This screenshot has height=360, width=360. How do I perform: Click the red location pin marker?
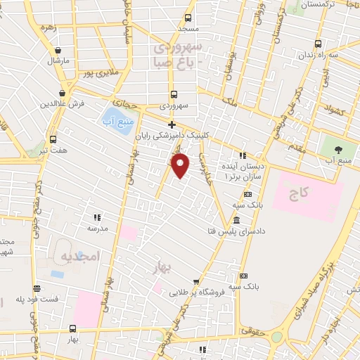click(181, 166)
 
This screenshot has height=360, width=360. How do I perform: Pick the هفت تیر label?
click(53, 150)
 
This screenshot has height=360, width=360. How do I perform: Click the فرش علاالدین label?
click(63, 104)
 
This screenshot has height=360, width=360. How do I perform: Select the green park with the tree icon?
click(337, 148)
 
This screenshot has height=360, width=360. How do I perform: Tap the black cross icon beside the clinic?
click(171, 124)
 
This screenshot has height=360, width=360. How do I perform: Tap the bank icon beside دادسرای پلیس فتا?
click(234, 221)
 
